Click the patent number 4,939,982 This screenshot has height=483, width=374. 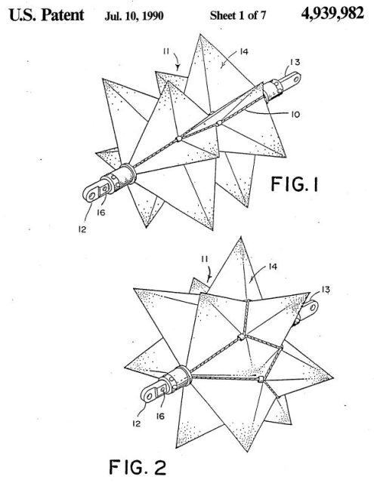click(x=332, y=14)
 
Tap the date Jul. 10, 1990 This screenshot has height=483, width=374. click(x=134, y=16)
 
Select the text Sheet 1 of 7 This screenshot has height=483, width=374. click(x=238, y=15)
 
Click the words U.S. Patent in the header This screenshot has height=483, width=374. click(x=47, y=15)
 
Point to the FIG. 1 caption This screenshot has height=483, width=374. click(x=295, y=184)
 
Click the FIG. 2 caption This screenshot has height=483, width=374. click(x=138, y=467)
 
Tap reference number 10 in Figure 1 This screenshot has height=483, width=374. click(x=295, y=114)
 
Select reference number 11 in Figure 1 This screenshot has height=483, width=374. click(x=166, y=51)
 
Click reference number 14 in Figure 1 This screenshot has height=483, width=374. click(x=244, y=51)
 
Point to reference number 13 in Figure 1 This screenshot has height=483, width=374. click(x=295, y=62)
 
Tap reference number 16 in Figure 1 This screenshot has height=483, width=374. click(x=101, y=212)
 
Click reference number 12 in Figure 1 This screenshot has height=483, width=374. click(x=82, y=229)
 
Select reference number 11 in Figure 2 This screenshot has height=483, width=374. click(x=205, y=260)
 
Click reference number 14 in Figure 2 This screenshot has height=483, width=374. click(x=273, y=266)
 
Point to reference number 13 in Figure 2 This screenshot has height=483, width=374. click(x=326, y=290)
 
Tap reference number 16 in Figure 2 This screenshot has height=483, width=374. click(x=160, y=416)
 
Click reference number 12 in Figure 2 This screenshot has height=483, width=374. click(x=137, y=423)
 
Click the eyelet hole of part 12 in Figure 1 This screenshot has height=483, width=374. click(x=91, y=195)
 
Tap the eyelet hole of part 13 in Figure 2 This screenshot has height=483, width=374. click(x=314, y=307)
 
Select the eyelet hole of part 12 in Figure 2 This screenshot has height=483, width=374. click(x=150, y=395)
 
